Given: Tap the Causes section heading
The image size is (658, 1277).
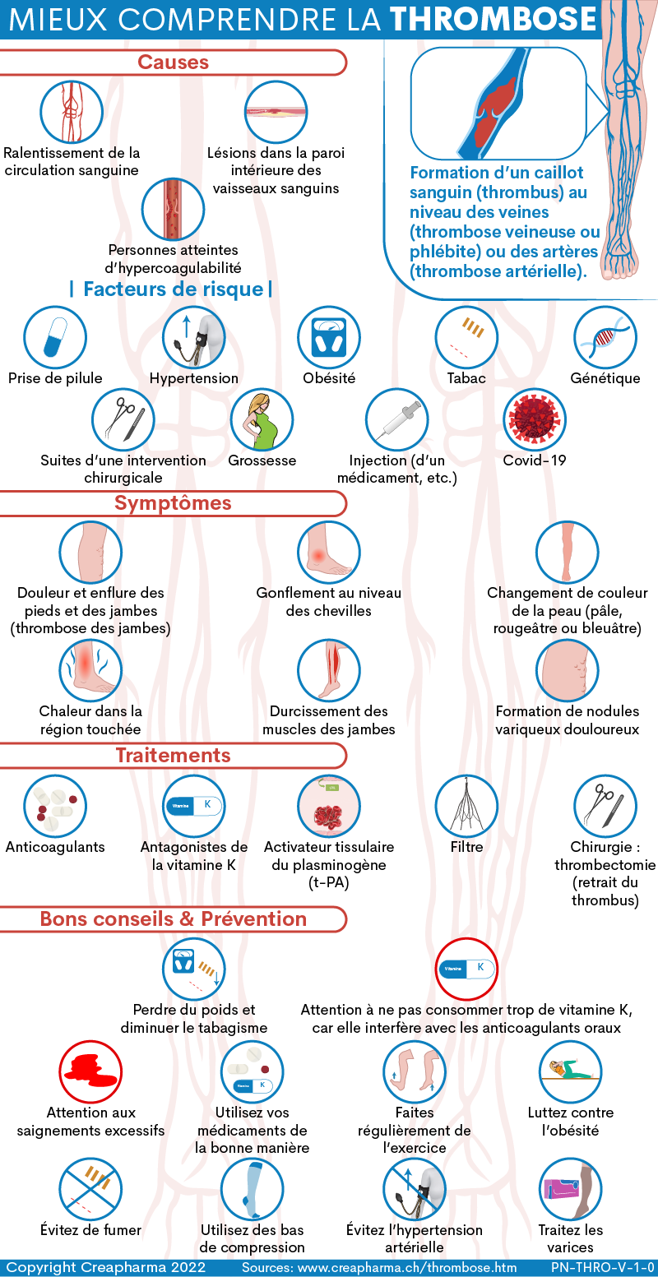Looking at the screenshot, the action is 174,62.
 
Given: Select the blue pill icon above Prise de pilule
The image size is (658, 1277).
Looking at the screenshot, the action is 55,337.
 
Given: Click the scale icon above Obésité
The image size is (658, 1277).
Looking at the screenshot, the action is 329,337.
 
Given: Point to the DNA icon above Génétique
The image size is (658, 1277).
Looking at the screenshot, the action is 605,337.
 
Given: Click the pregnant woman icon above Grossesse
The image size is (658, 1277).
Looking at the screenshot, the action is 262,420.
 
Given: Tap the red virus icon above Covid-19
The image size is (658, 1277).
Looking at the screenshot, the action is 535,420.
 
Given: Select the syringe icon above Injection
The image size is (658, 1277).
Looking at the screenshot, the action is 396,420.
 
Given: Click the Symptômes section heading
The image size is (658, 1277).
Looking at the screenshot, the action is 173,502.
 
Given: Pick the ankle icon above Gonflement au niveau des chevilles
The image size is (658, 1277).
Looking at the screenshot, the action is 329,553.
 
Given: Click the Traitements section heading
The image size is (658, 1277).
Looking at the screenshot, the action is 174,755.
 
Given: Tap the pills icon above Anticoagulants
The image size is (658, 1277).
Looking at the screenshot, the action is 55,807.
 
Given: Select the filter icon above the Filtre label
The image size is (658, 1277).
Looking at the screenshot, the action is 466,807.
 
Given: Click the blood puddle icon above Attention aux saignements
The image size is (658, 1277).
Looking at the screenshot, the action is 90,1072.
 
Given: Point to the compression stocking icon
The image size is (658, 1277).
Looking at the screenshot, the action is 252,1190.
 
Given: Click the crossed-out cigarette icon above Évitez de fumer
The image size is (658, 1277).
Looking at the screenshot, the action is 90,1190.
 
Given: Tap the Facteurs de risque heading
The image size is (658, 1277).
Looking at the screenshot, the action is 174,289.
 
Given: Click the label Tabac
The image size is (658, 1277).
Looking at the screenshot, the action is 466,378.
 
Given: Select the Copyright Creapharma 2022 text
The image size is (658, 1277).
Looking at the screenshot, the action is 106,1267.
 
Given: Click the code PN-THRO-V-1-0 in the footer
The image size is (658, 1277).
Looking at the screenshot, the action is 603,1267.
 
